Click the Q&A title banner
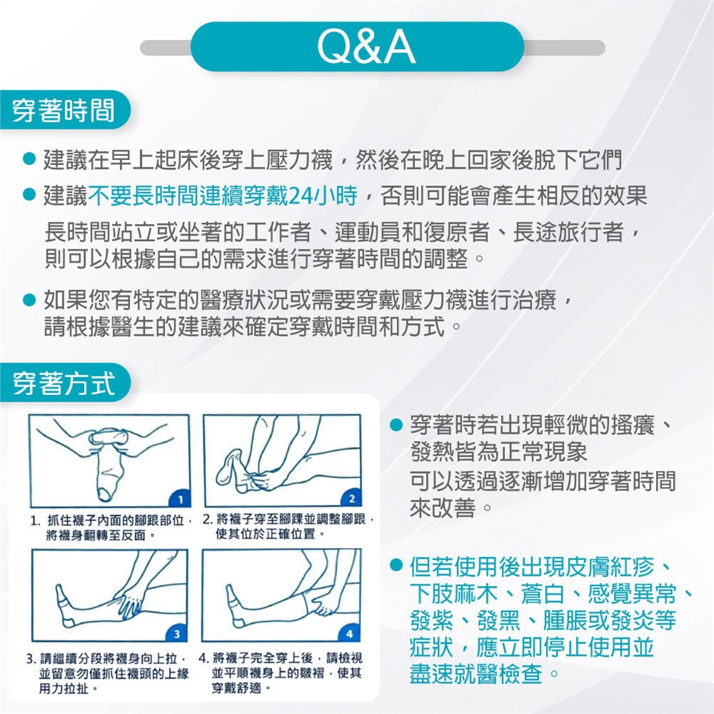(x=358, y=47)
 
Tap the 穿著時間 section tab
(x=64, y=110)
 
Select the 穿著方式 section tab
(x=64, y=382)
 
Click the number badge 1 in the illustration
(x=181, y=499)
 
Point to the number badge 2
(x=352, y=498)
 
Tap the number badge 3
(x=177, y=634)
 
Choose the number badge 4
(x=350, y=634)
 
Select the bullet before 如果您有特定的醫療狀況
(x=29, y=300)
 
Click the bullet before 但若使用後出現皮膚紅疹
(x=396, y=565)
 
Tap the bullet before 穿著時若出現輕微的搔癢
(x=396, y=425)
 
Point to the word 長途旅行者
(x=568, y=232)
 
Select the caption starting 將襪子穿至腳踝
(x=289, y=527)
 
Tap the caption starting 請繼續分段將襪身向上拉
(x=107, y=673)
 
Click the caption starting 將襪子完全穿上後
(x=281, y=672)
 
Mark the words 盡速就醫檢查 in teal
(x=476, y=674)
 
